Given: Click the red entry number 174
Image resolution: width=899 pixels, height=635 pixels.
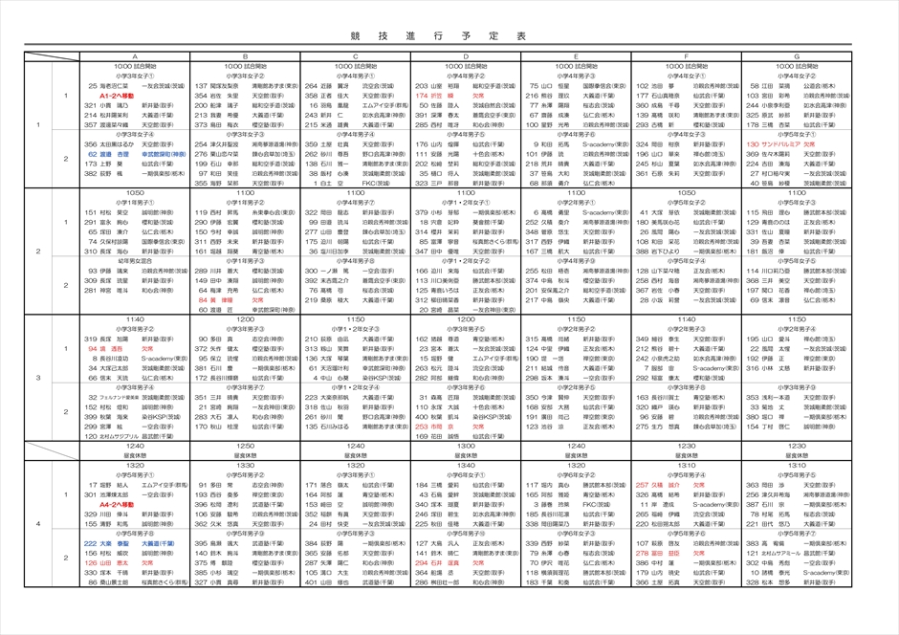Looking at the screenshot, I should (x=422, y=97).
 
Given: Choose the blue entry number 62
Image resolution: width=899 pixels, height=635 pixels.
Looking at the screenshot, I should (x=93, y=154).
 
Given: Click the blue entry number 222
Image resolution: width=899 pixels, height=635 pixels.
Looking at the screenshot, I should (x=92, y=543).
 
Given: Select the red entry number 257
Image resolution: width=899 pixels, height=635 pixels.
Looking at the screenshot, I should (x=644, y=485).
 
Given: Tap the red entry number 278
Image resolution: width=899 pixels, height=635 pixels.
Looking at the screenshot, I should (x=644, y=553).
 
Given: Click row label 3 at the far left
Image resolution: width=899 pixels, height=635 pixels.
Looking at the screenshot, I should (x=39, y=378).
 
